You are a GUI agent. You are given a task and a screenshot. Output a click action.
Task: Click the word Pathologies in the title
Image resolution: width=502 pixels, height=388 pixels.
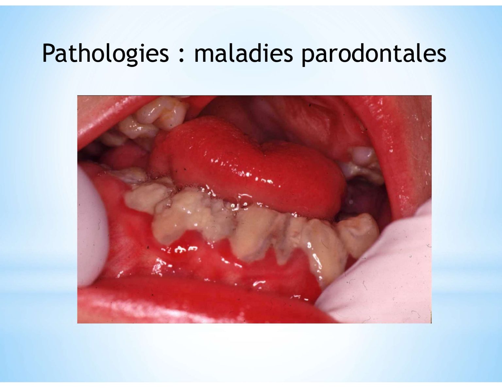click(106, 54)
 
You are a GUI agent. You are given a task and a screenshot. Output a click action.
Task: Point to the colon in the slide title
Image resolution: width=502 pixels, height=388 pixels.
click(182, 56)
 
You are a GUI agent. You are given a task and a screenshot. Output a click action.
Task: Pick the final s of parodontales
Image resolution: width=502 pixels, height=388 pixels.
click(441, 56)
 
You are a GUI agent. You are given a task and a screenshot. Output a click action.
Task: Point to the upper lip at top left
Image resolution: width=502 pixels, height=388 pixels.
click(111, 118)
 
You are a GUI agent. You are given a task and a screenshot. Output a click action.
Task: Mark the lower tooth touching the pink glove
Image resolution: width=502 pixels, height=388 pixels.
click(358, 233)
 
